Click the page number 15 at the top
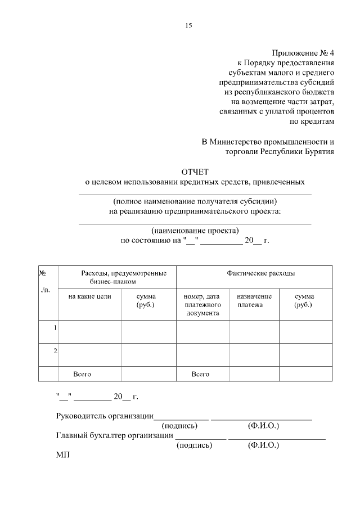click(188, 26)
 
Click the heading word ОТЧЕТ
click(195, 171)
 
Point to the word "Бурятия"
click(319, 151)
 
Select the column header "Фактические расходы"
click(260, 273)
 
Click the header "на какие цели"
click(90, 296)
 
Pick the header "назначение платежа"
click(254, 300)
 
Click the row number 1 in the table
click(55, 327)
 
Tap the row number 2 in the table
click(55, 352)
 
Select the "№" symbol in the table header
click(42, 273)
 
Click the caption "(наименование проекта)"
click(195, 230)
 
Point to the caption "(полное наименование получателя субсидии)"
click(195, 201)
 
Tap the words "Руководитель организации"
click(105, 416)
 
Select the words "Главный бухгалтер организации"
click(114, 435)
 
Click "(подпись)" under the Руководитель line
click(179, 426)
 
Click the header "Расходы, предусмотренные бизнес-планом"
click(117, 277)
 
